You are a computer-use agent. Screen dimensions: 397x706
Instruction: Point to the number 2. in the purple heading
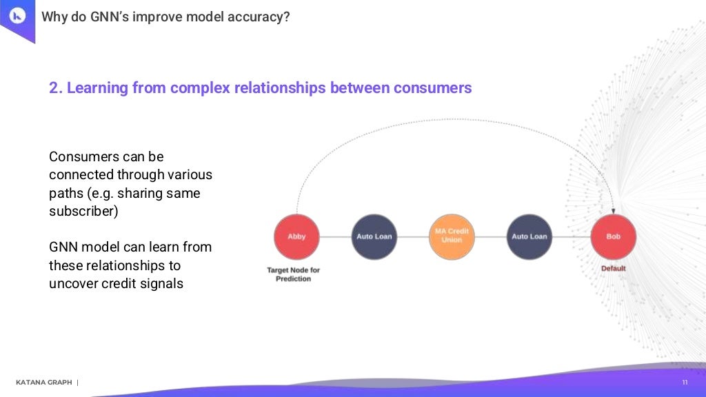point(56,88)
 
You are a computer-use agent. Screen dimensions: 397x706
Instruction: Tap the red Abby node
point(296,236)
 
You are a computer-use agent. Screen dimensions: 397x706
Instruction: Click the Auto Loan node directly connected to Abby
point(374,236)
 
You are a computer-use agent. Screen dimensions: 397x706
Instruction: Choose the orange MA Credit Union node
point(452,236)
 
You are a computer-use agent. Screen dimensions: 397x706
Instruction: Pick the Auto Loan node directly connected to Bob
point(529,236)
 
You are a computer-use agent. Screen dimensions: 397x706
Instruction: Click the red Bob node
point(613,236)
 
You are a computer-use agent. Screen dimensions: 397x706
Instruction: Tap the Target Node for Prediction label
point(293,274)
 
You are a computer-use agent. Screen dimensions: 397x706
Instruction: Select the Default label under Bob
point(613,268)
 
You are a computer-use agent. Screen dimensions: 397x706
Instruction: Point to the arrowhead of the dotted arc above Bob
point(613,210)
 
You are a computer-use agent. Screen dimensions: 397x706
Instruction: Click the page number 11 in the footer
point(685,383)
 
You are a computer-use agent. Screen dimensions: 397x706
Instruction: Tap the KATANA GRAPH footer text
point(43,383)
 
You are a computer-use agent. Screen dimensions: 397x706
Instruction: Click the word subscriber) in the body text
point(83,211)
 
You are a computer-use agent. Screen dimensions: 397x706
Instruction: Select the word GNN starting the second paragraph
point(65,247)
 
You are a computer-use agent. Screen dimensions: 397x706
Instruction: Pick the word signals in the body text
point(163,283)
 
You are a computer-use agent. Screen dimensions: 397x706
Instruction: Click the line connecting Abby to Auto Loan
point(335,236)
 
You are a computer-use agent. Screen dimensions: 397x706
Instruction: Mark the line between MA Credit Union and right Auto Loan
point(490,236)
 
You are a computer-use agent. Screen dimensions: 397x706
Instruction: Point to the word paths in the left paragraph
point(65,193)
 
